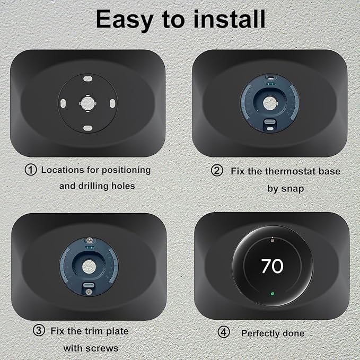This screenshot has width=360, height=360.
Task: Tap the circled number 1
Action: [x=31, y=170]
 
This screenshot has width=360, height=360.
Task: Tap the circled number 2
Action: [x=217, y=171]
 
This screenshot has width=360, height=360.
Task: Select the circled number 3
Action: [x=39, y=331]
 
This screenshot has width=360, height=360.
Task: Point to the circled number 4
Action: [x=224, y=333]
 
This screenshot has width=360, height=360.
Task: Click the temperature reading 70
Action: [x=272, y=266]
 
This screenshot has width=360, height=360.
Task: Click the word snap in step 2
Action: [x=293, y=189]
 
